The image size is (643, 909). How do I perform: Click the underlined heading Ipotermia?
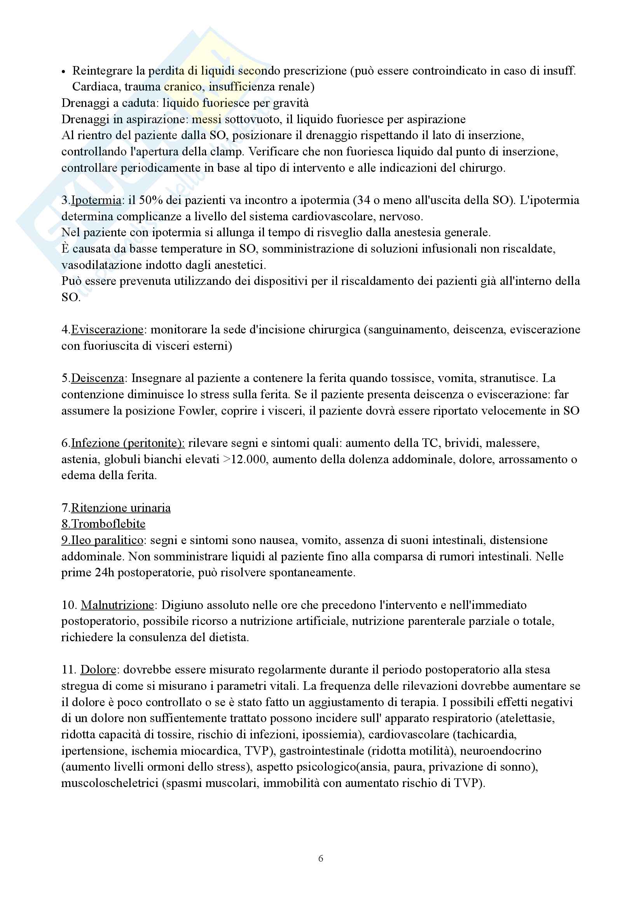coord(96,200)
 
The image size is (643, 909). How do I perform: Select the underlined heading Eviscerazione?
coord(107,330)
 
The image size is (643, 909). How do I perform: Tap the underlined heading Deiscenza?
coord(98,378)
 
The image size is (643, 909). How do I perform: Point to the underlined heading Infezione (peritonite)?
coord(128,443)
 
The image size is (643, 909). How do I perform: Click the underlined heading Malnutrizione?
coord(117,605)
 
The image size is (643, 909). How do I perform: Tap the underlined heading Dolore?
coord(98,670)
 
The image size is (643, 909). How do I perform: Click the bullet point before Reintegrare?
coord(63,72)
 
